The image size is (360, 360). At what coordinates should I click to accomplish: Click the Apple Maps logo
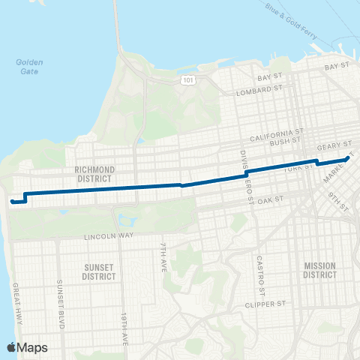tap(27, 347)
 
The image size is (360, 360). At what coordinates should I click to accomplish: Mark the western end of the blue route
tap(11, 201)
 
